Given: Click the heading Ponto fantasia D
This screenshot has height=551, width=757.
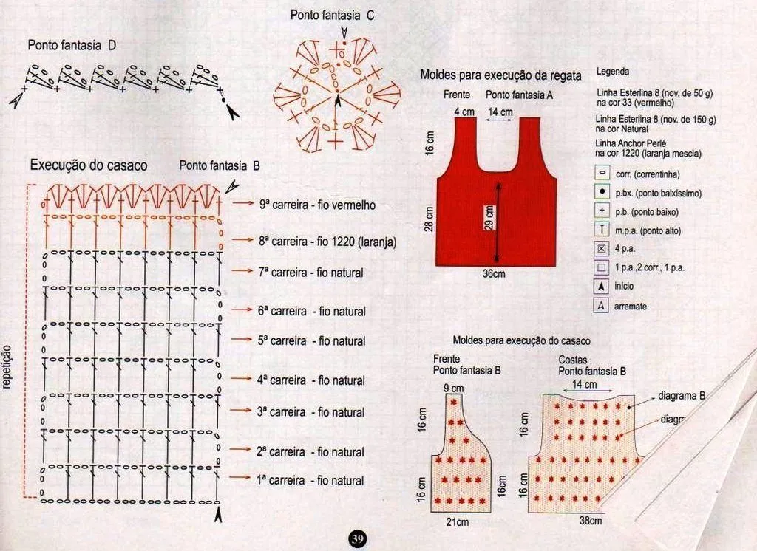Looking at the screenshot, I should pyautogui.click(x=72, y=45).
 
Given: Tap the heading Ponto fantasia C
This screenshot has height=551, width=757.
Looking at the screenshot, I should pyautogui.click(x=332, y=14).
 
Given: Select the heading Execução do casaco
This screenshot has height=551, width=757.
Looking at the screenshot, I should pyautogui.click(x=88, y=165).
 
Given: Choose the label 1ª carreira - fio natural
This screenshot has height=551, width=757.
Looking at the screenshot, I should pyautogui.click(x=310, y=480).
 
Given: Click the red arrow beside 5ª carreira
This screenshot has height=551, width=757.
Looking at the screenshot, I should pyautogui.click(x=242, y=340).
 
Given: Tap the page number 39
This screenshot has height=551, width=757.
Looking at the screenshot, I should pyautogui.click(x=357, y=538).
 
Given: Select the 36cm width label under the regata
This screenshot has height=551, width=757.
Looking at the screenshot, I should pyautogui.click(x=493, y=273).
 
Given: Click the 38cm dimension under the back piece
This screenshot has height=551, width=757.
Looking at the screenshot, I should pyautogui.click(x=590, y=520).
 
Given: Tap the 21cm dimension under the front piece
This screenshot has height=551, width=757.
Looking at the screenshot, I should pyautogui.click(x=456, y=522).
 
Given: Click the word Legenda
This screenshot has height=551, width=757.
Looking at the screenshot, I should pyautogui.click(x=612, y=72).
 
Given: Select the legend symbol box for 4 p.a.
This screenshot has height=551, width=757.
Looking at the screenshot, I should pyautogui.click(x=602, y=249).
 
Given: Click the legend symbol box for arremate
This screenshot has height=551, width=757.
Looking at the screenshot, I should pyautogui.click(x=602, y=305).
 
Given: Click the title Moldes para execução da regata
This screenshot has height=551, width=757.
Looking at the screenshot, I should pyautogui.click(x=500, y=75).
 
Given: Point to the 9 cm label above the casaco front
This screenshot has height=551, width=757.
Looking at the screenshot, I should pyautogui.click(x=453, y=388).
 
